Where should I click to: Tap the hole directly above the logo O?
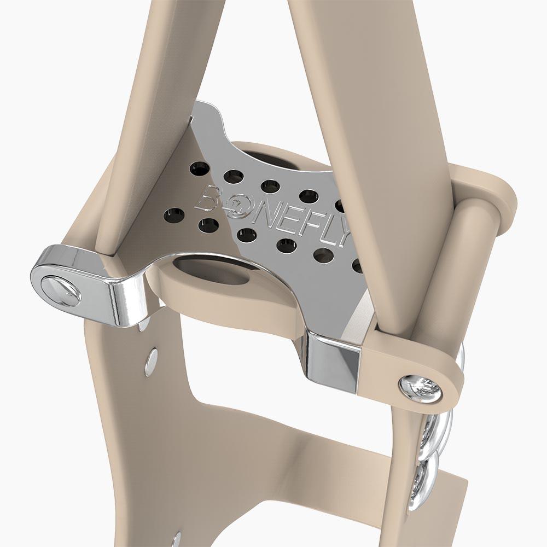pyautogui.click(x=234, y=177)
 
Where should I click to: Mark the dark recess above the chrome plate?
pyautogui.click(x=276, y=159)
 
